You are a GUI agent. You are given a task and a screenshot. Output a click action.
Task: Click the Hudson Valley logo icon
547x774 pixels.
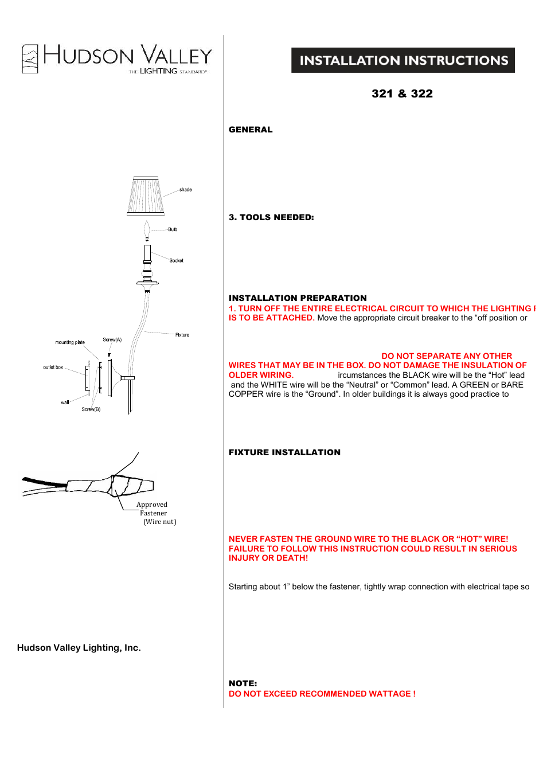click(x=30, y=59)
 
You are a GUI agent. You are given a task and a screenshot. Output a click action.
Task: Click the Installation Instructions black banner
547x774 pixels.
click(x=403, y=60)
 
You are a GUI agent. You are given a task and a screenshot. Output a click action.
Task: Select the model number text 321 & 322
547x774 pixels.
click(x=402, y=94)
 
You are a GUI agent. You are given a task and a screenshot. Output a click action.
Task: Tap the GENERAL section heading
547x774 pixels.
click(x=251, y=130)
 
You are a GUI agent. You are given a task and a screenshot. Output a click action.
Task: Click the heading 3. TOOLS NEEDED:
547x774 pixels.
click(x=271, y=217)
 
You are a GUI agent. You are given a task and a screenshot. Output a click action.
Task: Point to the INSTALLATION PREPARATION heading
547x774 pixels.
click(x=298, y=298)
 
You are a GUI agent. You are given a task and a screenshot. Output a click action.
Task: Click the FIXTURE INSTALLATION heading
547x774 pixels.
click(x=284, y=452)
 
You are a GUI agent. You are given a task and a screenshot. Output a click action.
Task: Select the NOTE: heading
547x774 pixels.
click(x=243, y=683)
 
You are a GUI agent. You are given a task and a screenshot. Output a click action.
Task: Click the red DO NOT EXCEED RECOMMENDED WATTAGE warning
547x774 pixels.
click(x=322, y=694)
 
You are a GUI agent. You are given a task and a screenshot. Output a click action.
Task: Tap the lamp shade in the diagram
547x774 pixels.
click(x=146, y=196)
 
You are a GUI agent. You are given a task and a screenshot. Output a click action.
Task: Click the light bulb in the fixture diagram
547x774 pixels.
click(x=147, y=230)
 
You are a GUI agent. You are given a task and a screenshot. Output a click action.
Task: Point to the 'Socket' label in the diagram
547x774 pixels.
click(x=176, y=261)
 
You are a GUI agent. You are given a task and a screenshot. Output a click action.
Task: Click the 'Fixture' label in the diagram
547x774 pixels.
click(x=182, y=335)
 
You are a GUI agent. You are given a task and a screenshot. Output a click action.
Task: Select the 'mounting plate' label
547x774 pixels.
click(x=70, y=342)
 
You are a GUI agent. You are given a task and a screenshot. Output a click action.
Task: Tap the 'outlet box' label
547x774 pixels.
click(x=53, y=368)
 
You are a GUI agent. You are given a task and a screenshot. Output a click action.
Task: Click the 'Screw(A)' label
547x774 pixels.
click(x=112, y=340)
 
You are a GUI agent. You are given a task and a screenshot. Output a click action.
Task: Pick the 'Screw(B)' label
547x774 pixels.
click(x=91, y=409)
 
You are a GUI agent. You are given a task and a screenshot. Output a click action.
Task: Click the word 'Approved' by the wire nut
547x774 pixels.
click(x=151, y=505)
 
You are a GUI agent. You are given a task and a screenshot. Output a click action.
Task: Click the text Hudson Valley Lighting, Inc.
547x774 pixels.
click(x=79, y=648)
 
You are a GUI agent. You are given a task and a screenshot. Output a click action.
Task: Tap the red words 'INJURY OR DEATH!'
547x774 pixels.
click(x=268, y=558)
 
